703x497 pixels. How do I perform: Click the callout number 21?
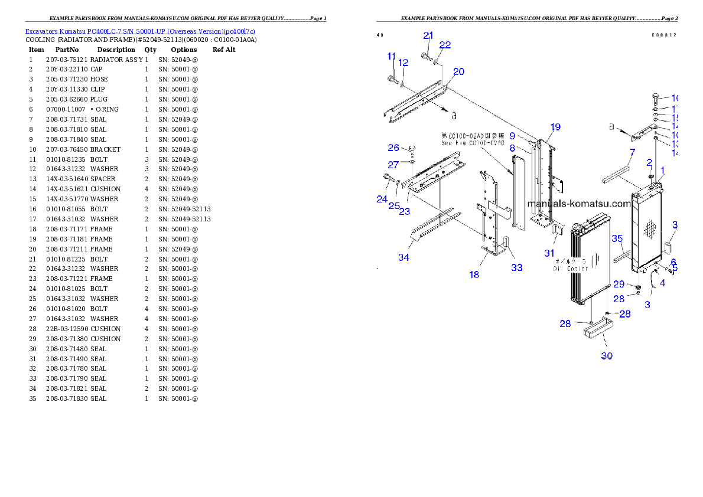coord(428,35)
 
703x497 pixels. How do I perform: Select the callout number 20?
coord(458,72)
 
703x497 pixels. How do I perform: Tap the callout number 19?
coord(555,127)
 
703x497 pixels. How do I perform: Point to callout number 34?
coord(403,257)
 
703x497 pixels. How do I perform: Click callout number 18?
coord(474,274)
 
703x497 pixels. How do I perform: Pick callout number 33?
coord(517,267)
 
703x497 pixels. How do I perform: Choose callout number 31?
coord(550,253)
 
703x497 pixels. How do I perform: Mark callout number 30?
coord(607,356)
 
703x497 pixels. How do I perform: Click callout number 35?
coord(617,238)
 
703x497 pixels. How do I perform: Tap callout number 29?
coord(619,284)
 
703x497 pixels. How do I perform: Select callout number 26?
coord(393,148)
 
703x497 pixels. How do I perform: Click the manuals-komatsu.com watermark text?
coord(579,204)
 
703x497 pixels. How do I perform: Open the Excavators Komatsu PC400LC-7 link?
coord(140,31)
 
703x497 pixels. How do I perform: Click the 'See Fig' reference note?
coord(473,139)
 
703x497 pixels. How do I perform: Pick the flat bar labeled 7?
coord(617,175)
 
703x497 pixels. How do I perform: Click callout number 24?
coord(382,200)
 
